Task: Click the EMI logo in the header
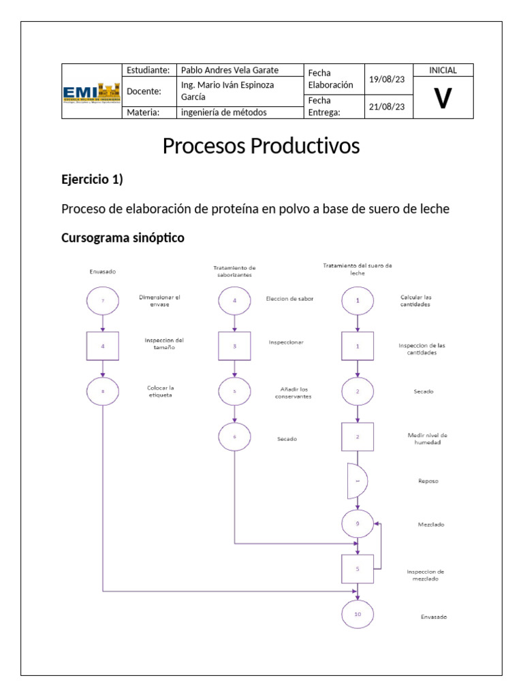[91, 91]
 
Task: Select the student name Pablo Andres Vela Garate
[229, 70]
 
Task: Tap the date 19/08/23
[386, 80]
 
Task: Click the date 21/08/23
[386, 107]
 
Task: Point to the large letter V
[443, 99]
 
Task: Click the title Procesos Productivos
[261, 146]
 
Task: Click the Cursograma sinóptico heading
[123, 238]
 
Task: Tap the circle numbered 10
[358, 613]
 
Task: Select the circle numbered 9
[358, 523]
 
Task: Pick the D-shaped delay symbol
[357, 480]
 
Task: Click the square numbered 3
[235, 346]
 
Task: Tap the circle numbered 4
[235, 300]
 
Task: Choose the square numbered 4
[103, 346]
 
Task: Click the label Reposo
[428, 481]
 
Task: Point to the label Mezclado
[430, 525]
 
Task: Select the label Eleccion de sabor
[290, 298]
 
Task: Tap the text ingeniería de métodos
[223, 113]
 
